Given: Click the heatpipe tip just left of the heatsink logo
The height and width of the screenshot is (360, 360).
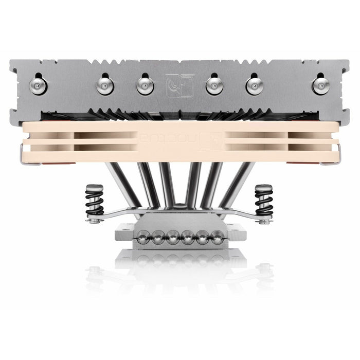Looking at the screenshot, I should click(x=145, y=85).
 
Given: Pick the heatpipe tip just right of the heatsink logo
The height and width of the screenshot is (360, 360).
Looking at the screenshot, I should click(x=214, y=85).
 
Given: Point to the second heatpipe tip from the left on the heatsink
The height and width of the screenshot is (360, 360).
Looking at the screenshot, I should click(x=104, y=85).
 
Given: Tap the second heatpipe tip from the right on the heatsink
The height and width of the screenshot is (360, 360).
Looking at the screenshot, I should click(x=254, y=85).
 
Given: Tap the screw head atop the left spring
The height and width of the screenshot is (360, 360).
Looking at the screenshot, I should click(x=94, y=188).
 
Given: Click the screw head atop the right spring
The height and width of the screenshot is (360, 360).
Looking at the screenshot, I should click(x=264, y=188).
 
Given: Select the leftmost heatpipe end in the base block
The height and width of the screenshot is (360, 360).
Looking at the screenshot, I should click(x=142, y=237).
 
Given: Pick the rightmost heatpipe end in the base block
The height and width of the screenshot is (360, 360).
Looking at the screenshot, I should click(x=218, y=237).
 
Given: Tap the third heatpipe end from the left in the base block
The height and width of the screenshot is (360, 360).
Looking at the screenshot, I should click(x=172, y=237).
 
